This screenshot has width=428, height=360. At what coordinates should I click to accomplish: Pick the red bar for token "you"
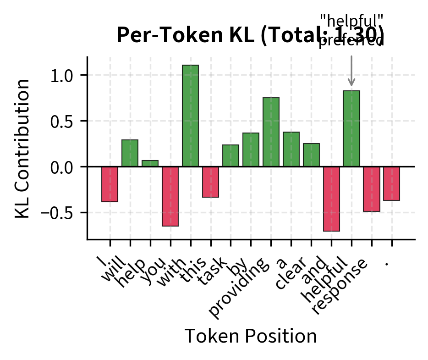(x=170, y=196)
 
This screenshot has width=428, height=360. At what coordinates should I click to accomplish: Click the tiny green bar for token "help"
(x=150, y=163)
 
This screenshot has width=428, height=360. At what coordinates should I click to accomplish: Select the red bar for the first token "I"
(x=110, y=184)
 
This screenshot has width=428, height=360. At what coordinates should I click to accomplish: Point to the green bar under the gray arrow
(x=351, y=128)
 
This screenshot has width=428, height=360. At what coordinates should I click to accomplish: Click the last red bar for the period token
(x=392, y=183)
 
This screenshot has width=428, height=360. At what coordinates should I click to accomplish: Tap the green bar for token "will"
(x=130, y=153)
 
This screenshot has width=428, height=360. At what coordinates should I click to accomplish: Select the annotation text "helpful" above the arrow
(x=351, y=21)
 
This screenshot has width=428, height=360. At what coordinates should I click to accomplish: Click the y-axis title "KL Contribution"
(x=22, y=148)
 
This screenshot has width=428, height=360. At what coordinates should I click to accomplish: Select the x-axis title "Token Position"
(x=250, y=336)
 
